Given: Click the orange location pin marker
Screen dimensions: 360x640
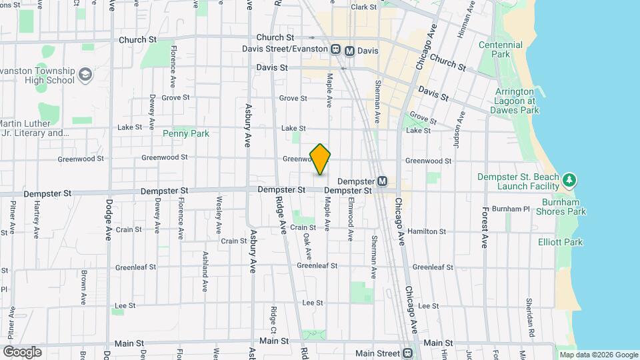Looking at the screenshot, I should pyautogui.click(x=321, y=159).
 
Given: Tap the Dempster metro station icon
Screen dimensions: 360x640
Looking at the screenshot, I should pyautogui.click(x=383, y=181).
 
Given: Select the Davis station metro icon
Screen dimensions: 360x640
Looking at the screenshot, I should pyautogui.click(x=349, y=50).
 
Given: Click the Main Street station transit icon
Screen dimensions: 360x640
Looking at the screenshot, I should pyautogui.click(x=409, y=353).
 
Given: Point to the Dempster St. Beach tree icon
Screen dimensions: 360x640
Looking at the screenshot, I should pyautogui.click(x=569, y=181).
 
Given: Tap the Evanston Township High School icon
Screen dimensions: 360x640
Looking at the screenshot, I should pyautogui.click(x=85, y=75).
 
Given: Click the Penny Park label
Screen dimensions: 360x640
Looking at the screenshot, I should pyautogui.click(x=186, y=133).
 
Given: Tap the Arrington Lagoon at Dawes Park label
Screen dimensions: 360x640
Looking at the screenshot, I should pyautogui.click(x=514, y=101).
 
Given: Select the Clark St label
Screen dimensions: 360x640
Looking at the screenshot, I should pyautogui.click(x=364, y=7).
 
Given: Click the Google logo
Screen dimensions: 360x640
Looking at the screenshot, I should pyautogui.click(x=22, y=352).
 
